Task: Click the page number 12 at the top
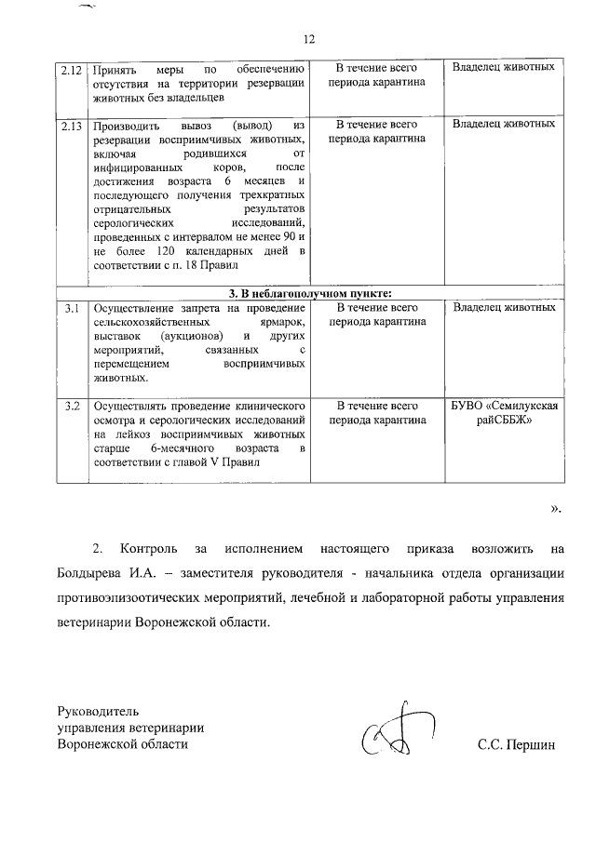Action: [309, 39]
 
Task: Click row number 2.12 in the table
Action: [71, 69]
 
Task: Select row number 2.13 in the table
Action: [71, 125]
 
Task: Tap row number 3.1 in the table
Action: [71, 308]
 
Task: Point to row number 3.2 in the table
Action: [71, 407]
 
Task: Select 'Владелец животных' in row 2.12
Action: [504, 69]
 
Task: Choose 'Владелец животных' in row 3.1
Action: [504, 308]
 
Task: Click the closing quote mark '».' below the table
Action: [556, 508]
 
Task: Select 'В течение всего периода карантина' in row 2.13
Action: [375, 131]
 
